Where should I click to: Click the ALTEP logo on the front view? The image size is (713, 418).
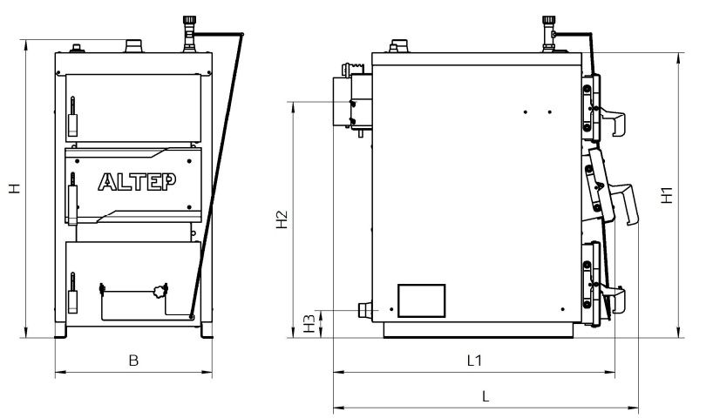[x=138, y=182]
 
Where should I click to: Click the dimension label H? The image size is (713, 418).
[x=15, y=188]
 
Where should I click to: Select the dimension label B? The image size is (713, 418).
[x=133, y=361]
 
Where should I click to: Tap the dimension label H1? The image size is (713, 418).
[x=667, y=195]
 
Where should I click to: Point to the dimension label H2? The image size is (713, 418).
[x=282, y=219]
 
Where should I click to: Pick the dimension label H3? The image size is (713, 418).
[x=309, y=323]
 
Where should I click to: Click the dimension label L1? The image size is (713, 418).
[x=474, y=361]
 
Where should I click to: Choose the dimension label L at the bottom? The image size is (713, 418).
[x=486, y=396]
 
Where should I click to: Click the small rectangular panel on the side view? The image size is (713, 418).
[x=422, y=300]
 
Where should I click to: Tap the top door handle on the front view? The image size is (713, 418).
[x=72, y=117]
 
